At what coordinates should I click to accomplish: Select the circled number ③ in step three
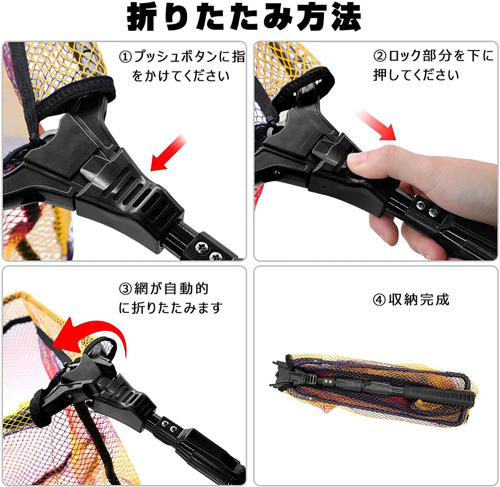(126, 289)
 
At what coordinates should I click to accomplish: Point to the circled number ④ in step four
(379, 300)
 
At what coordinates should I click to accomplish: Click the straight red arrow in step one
(168, 153)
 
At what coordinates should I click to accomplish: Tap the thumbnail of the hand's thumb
(357, 159)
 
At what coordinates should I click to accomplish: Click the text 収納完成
(419, 300)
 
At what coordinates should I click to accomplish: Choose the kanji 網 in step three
(141, 289)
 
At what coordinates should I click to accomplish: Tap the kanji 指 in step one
(238, 57)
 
